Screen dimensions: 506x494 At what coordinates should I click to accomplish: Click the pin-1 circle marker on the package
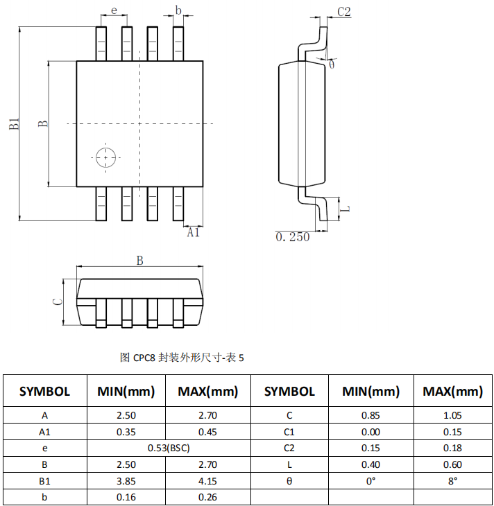click(105, 157)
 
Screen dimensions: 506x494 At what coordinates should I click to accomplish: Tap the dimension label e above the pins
click(114, 12)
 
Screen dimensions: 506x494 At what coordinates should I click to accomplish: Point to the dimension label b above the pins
click(178, 10)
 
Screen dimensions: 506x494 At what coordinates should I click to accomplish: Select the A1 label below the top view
click(193, 234)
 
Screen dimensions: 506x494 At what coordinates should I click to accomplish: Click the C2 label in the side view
click(344, 12)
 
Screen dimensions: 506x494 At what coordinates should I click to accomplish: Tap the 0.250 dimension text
click(293, 237)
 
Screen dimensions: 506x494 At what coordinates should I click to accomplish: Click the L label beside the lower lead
click(346, 208)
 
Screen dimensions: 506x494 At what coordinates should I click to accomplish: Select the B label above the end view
click(139, 261)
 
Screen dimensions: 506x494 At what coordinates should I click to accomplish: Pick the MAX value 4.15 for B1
click(207, 480)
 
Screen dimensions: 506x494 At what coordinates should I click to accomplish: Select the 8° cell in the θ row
click(453, 480)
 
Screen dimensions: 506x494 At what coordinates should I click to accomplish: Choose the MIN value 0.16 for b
click(126, 497)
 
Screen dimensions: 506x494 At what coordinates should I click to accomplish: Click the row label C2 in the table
click(289, 448)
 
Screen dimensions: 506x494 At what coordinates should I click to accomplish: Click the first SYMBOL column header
click(45, 391)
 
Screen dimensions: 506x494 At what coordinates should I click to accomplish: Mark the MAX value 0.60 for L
click(453, 464)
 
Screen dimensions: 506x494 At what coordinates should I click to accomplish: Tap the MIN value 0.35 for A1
click(126, 432)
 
